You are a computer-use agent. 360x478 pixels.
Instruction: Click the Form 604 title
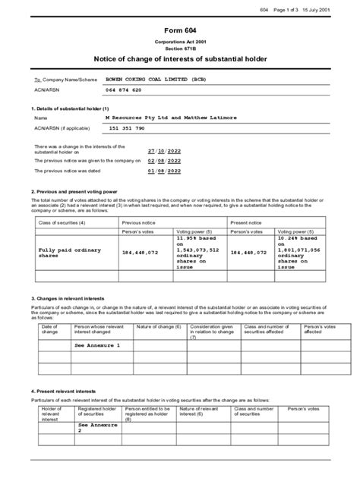(x=180, y=30)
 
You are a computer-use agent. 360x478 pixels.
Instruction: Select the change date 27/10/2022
(x=163, y=151)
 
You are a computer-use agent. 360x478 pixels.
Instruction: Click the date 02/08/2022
(x=163, y=161)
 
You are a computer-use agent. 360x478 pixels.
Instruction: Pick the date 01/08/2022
(x=163, y=171)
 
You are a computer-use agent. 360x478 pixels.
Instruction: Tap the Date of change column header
(x=49, y=329)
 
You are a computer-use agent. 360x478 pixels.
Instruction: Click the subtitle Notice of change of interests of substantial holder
(x=180, y=58)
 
